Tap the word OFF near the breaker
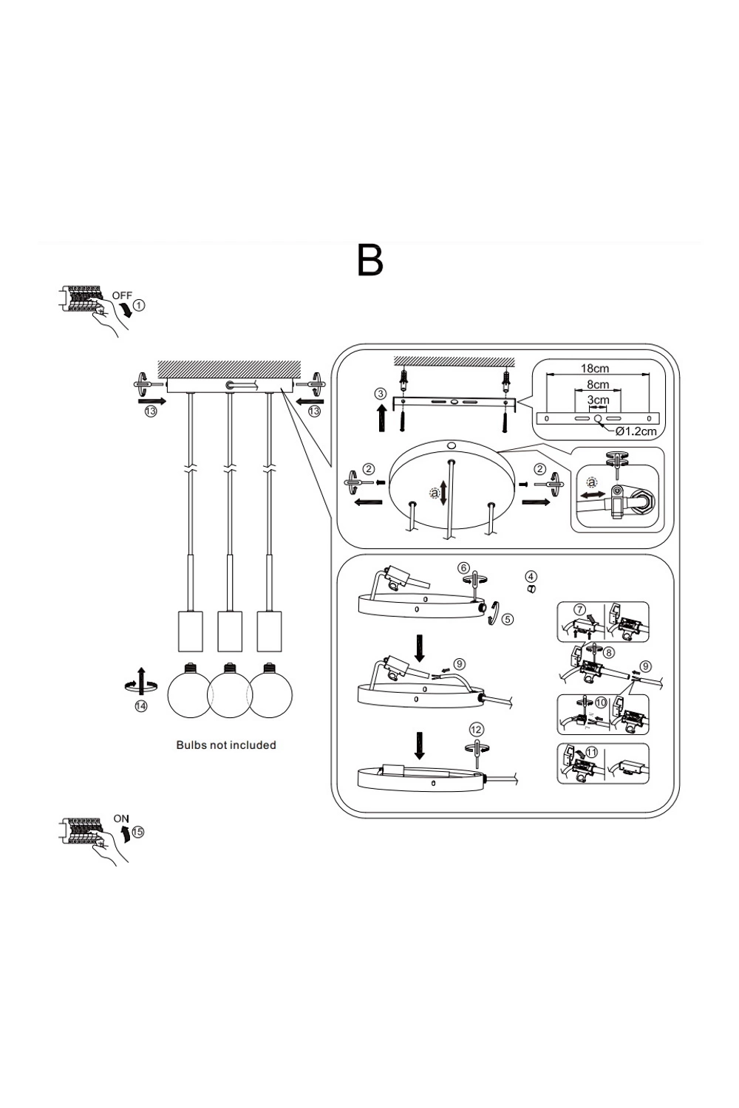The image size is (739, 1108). point(122,295)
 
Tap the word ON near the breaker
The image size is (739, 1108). point(122,818)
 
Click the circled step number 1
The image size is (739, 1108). point(140,304)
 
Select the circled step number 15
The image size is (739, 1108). point(138,831)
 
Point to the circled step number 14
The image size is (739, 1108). point(140,706)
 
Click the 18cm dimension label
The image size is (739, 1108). point(595,368)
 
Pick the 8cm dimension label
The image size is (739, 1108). point(598,384)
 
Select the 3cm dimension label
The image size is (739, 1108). point(598,400)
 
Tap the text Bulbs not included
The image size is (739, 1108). point(226,745)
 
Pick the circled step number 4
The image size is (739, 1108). point(531,576)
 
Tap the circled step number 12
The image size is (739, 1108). point(476,730)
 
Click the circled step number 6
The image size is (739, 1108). point(463,568)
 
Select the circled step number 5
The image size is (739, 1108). point(507,619)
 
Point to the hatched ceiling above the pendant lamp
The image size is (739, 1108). point(229,369)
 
